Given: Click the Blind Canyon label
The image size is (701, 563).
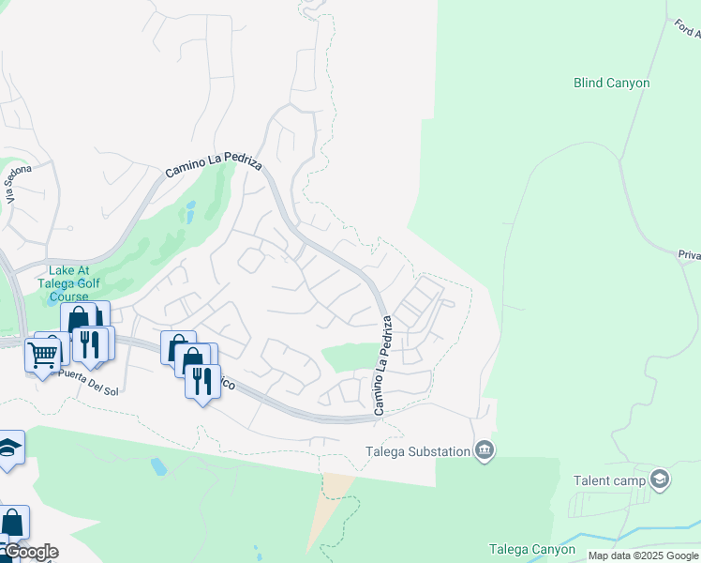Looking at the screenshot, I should click(611, 83).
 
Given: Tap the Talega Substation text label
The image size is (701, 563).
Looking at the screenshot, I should click(416, 451).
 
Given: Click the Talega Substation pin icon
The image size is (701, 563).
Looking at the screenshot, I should click(484, 450).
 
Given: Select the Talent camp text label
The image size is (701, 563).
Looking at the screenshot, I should click(608, 480).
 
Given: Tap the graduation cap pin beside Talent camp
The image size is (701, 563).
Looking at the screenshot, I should click(660, 480).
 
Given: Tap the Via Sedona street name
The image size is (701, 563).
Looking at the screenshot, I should click(19, 183).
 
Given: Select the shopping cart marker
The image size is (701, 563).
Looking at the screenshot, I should click(43, 354).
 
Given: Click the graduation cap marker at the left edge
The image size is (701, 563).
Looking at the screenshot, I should click(7, 448).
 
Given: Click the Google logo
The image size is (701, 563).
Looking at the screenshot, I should click(30, 552).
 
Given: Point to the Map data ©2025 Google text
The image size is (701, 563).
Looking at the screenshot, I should click(643, 555).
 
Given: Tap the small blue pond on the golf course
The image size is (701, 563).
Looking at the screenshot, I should click(191, 212).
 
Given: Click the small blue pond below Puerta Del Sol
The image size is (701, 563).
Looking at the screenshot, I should click(157, 465).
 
